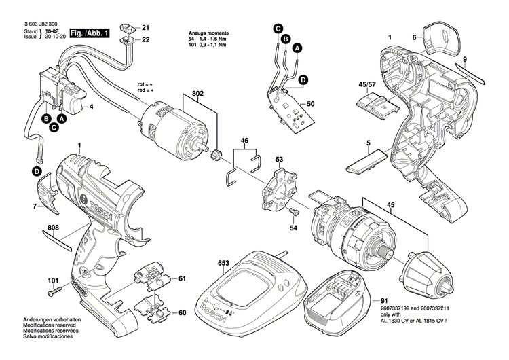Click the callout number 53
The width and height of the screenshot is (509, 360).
coord(278,160)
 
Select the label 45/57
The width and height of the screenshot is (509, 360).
coord(366,85)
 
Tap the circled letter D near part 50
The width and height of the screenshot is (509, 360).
coord(303,79)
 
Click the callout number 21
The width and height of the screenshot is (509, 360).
coord(145,27)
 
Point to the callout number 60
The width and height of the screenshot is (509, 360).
coord(181,313)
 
